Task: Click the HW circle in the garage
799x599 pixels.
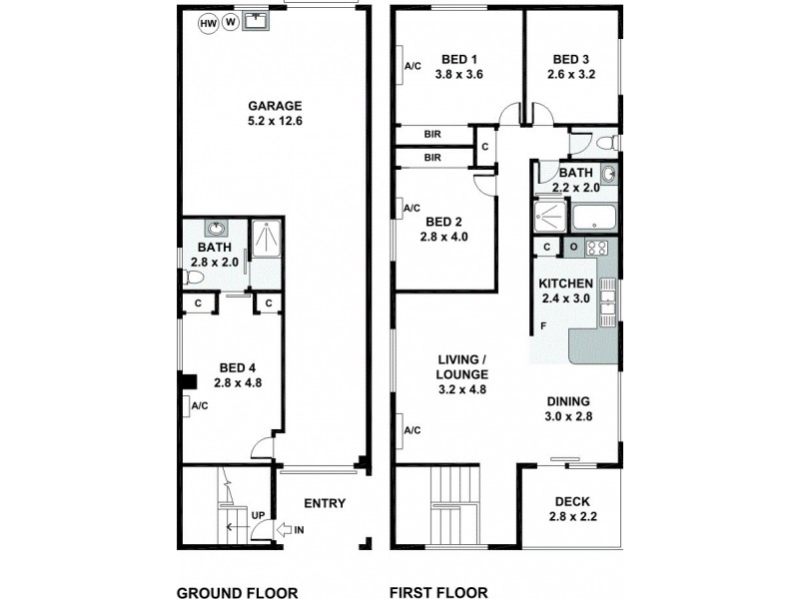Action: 209,22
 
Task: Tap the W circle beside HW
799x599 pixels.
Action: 231,22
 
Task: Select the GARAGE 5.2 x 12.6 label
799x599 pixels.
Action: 274,114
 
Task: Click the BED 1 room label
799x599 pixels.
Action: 459,65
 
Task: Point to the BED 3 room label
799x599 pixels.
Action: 571,65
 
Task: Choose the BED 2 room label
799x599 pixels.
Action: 444,229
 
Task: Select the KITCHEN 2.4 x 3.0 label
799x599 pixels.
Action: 566,291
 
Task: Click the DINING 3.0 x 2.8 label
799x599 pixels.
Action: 569,409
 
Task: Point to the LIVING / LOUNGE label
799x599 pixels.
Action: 460,374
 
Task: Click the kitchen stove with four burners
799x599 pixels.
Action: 597,248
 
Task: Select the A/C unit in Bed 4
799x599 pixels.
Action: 199,405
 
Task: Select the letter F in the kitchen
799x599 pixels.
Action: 542,326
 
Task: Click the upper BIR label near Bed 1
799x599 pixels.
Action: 432,134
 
